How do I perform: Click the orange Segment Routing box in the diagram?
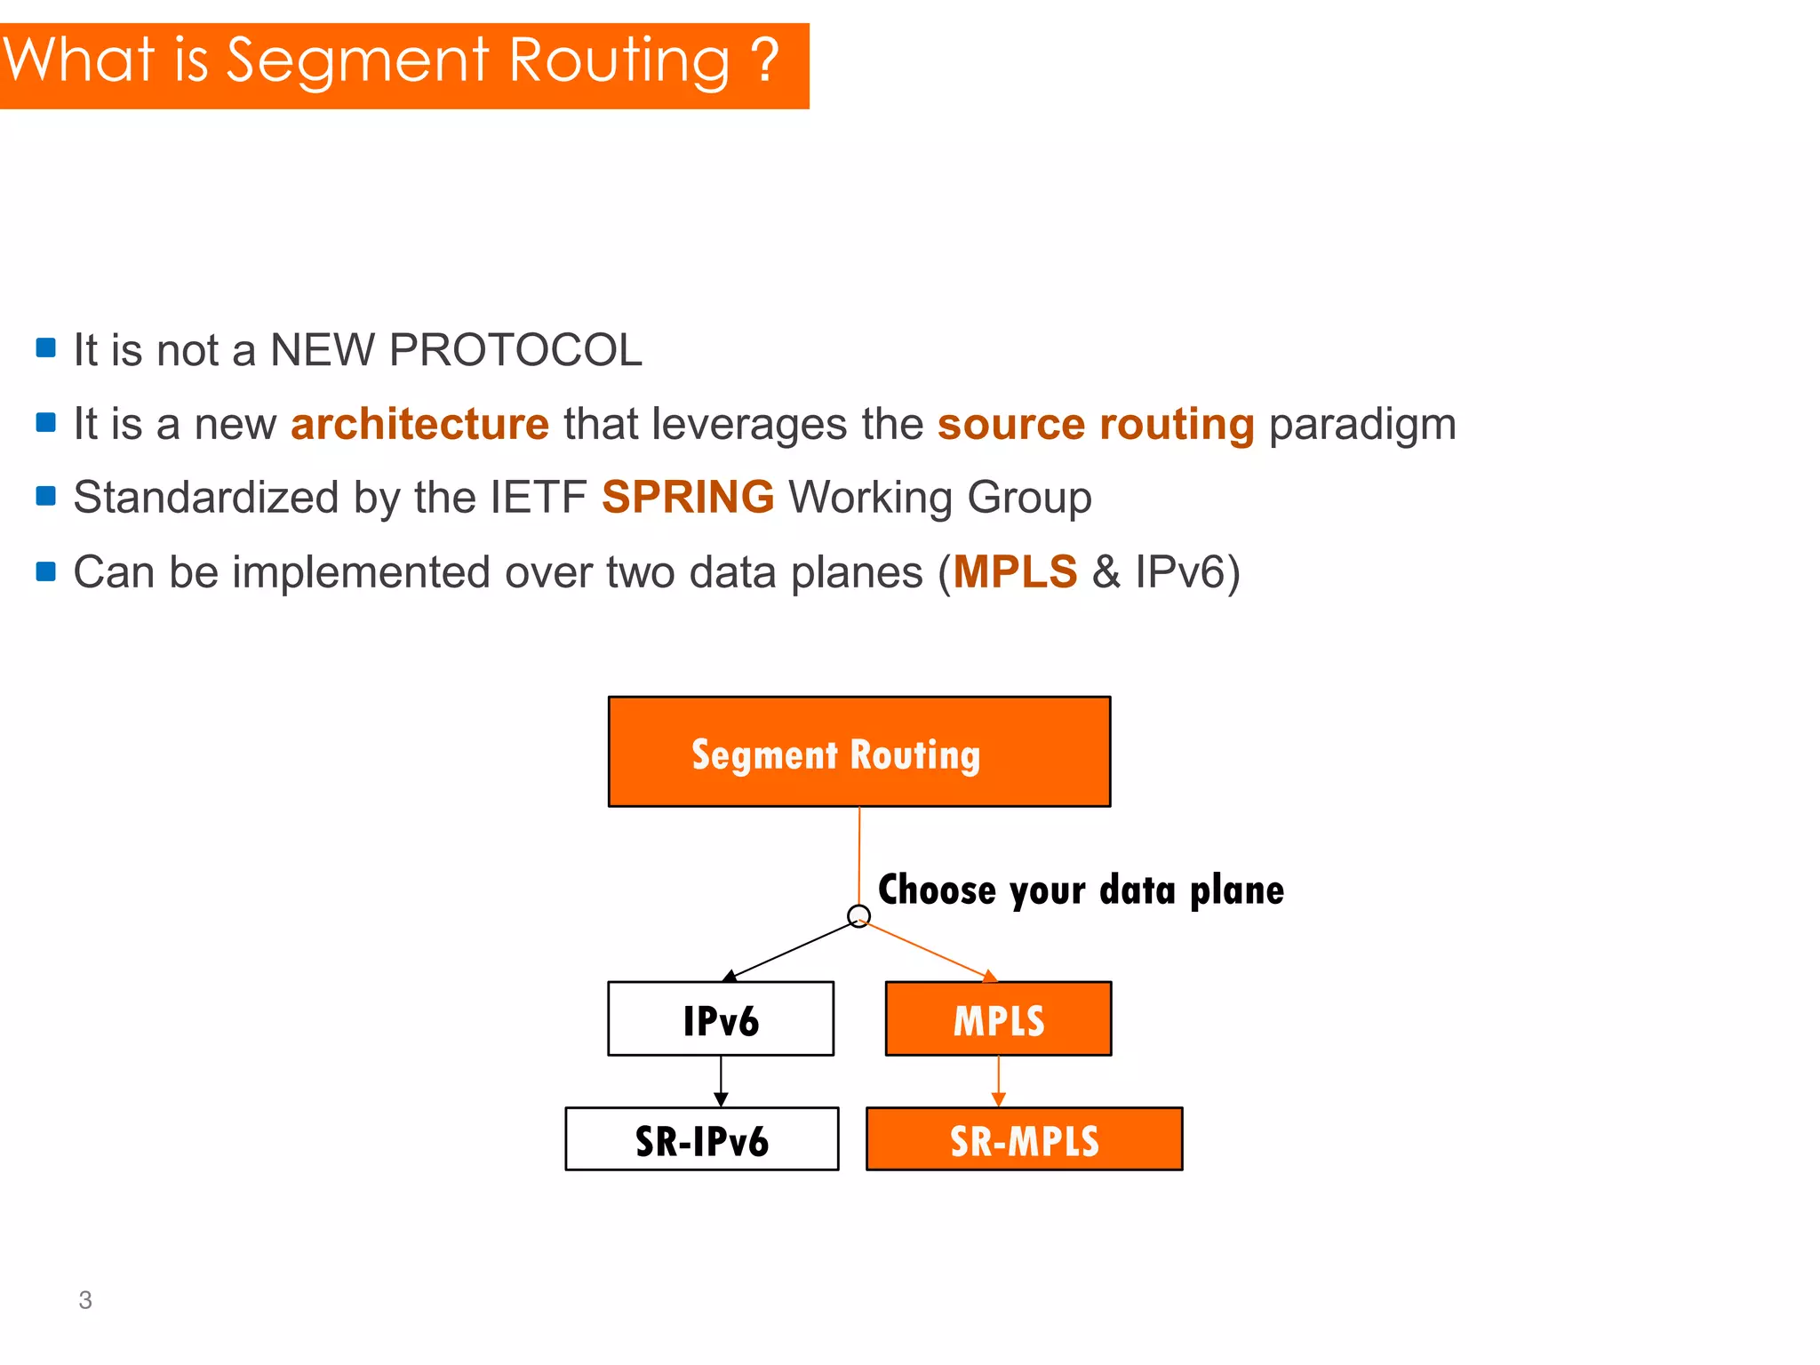pyautogui.click(x=858, y=752)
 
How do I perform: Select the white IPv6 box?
pyautogui.click(x=721, y=1018)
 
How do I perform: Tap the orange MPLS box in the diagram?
pyautogui.click(x=998, y=1018)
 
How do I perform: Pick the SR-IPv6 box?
pyautogui.click(x=701, y=1139)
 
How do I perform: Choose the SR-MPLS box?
pyautogui.click(x=1024, y=1139)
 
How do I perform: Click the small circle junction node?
pyautogui.click(x=858, y=915)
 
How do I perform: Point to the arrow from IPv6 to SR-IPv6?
pyautogui.click(x=721, y=1081)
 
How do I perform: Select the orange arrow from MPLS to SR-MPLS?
pyautogui.click(x=998, y=1081)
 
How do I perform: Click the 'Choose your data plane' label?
pyautogui.click(x=1081, y=890)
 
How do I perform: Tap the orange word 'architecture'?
pyautogui.click(x=419, y=424)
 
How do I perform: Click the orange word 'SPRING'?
pyautogui.click(x=688, y=497)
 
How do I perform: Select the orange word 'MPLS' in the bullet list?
pyautogui.click(x=1015, y=571)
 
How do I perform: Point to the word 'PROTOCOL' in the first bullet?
pyautogui.click(x=515, y=350)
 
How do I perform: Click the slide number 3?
pyautogui.click(x=85, y=1300)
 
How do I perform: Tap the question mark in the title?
pyautogui.click(x=763, y=60)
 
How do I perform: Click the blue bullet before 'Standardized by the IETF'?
pyautogui.click(x=46, y=495)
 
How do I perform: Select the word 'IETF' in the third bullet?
pyautogui.click(x=539, y=498)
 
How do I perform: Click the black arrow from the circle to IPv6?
pyautogui.click(x=791, y=951)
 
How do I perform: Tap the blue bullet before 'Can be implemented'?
pyautogui.click(x=46, y=570)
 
